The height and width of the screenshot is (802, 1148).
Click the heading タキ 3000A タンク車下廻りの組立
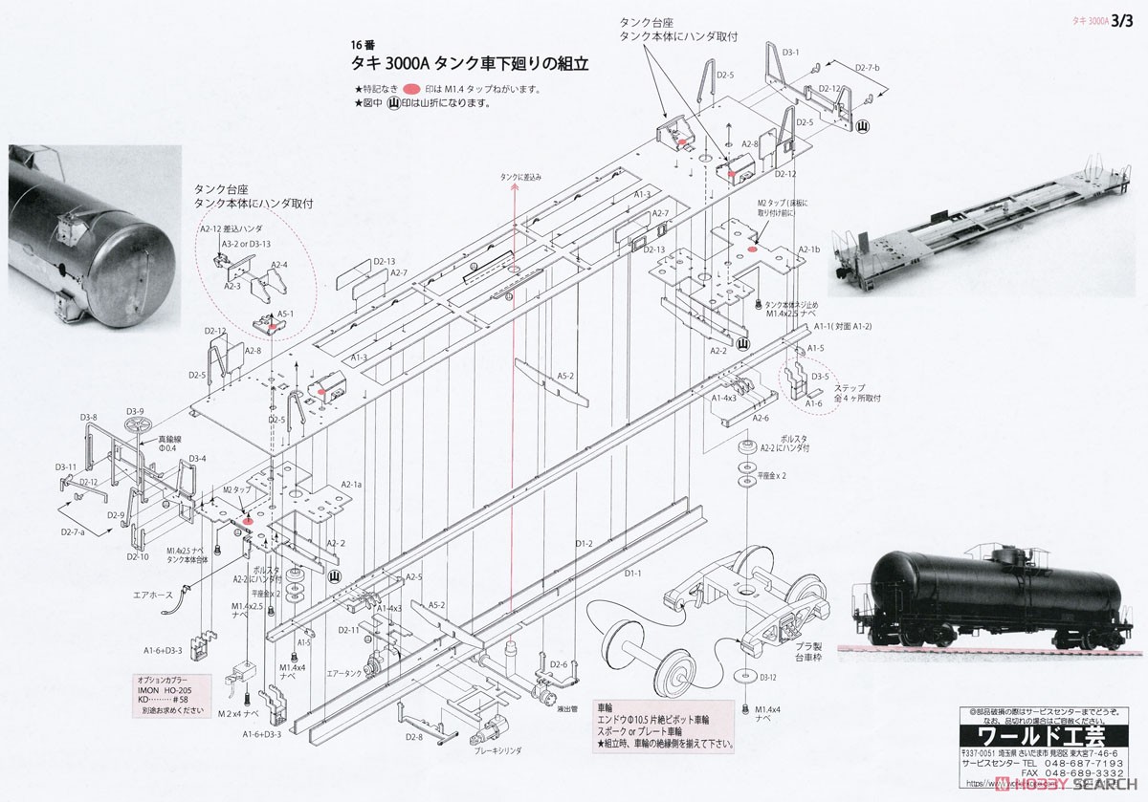[x=470, y=64]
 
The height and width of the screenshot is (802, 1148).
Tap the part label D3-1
[x=790, y=52]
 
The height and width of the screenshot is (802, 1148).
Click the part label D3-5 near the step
[x=819, y=377]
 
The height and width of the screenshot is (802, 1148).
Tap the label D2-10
[x=138, y=556]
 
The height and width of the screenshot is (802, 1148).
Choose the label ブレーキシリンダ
[x=498, y=751]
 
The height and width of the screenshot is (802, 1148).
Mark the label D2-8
[x=413, y=737]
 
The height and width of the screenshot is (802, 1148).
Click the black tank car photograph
[x=985, y=597]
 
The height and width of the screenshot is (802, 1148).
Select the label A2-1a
[x=351, y=485]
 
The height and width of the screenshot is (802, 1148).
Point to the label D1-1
[x=632, y=574]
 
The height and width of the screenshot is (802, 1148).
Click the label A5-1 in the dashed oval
[x=285, y=313]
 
